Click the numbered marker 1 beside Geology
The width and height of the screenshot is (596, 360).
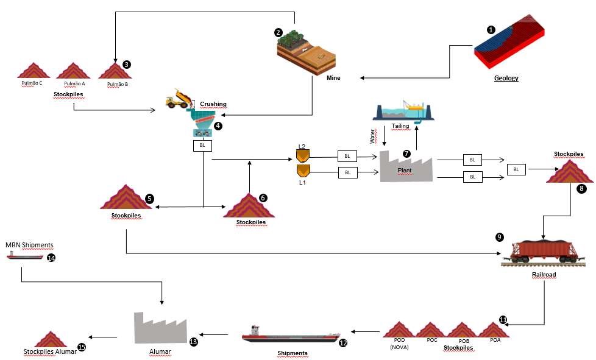point(491,29)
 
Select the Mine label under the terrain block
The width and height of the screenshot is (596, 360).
point(333,78)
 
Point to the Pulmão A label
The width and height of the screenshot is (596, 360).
point(74,83)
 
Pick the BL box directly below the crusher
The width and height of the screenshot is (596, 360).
point(202,145)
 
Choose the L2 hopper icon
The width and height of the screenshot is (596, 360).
point(303,155)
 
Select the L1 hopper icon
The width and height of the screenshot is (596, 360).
point(303,171)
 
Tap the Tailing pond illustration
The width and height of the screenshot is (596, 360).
point(404,111)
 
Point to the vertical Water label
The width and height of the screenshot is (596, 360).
point(374,135)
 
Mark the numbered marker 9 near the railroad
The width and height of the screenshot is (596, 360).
point(500,236)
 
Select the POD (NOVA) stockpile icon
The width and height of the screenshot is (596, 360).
point(399,331)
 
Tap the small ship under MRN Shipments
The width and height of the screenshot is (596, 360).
point(24,257)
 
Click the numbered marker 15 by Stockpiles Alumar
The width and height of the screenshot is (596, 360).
point(82,348)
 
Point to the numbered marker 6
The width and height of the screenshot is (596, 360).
point(263,198)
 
